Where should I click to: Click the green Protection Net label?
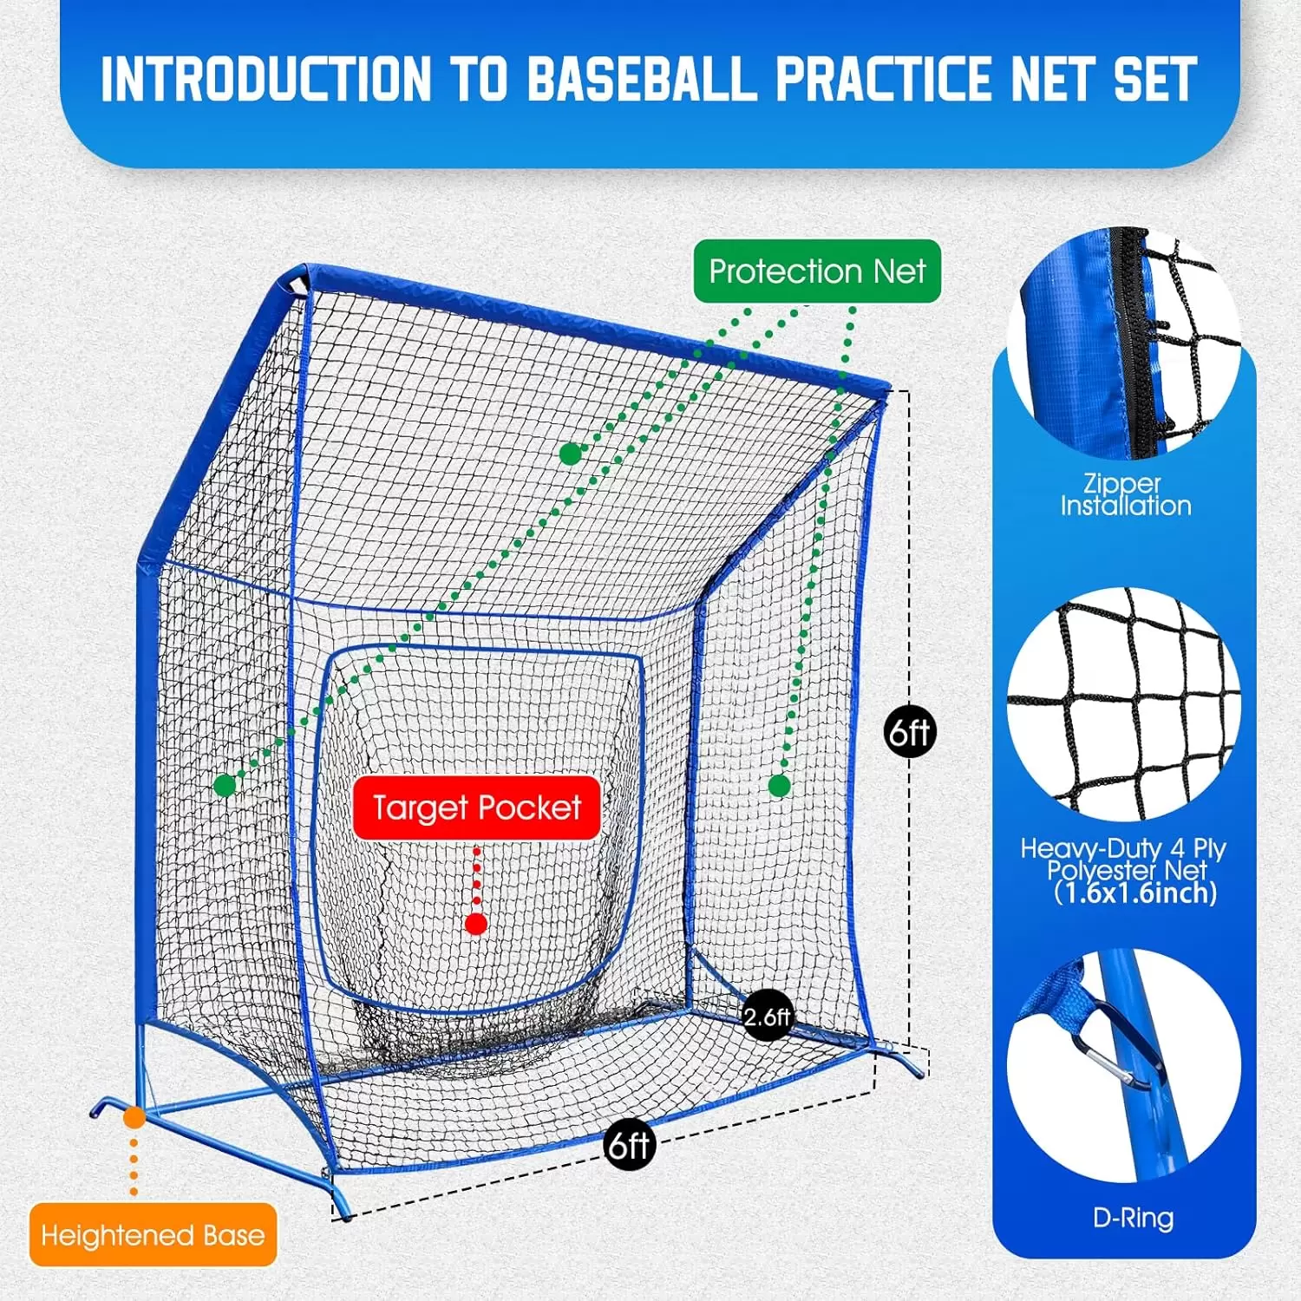[817, 271]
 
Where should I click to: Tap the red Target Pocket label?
[476, 807]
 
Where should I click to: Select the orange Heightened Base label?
[153, 1234]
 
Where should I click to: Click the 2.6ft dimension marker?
[768, 1016]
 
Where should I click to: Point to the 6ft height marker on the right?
[910, 733]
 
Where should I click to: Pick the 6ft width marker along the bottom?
[629, 1146]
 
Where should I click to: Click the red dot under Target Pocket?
[475, 924]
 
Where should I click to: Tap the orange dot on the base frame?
[134, 1117]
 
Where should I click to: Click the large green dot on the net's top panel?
[570, 454]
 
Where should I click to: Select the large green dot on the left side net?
[225, 786]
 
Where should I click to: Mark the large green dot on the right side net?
[779, 786]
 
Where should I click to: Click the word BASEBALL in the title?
[642, 80]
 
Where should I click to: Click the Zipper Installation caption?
[1125, 494]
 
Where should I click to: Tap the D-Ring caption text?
[1133, 1218]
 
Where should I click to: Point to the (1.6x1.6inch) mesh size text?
[1135, 893]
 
